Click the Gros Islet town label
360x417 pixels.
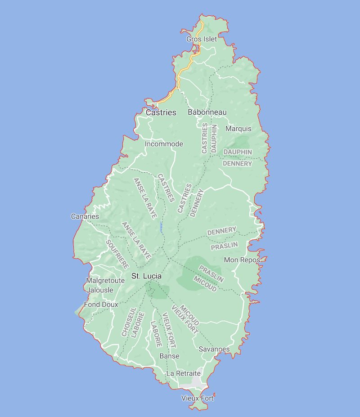(x=202, y=39)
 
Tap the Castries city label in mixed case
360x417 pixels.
(x=161, y=112)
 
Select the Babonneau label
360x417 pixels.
(x=207, y=112)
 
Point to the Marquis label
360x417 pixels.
(x=238, y=129)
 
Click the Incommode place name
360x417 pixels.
(x=164, y=144)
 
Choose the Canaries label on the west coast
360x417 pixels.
(x=85, y=216)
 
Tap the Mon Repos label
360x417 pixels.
(x=242, y=260)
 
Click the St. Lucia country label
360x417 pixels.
(x=146, y=276)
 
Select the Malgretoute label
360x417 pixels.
(x=105, y=281)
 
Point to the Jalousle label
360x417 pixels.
(x=100, y=290)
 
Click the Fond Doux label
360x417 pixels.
(x=101, y=305)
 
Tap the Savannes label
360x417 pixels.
(x=214, y=349)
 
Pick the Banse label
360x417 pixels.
(x=169, y=356)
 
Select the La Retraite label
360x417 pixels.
(x=184, y=373)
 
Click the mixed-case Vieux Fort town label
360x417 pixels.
(x=198, y=398)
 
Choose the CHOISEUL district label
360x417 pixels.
(x=129, y=322)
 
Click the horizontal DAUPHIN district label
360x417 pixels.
(x=238, y=152)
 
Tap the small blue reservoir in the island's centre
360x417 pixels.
(x=161, y=227)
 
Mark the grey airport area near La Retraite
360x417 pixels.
(x=197, y=381)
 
